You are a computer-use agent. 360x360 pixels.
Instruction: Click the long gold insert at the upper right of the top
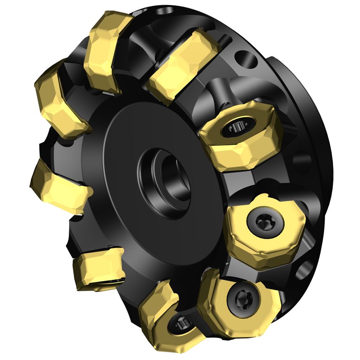tap(183, 63)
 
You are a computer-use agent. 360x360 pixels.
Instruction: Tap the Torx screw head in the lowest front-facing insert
tap(242, 300)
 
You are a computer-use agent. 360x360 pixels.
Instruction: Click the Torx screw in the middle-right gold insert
tap(260, 220)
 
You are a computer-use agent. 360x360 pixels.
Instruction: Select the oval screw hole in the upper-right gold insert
tap(237, 125)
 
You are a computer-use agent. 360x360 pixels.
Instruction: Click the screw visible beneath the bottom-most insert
tap(182, 325)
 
